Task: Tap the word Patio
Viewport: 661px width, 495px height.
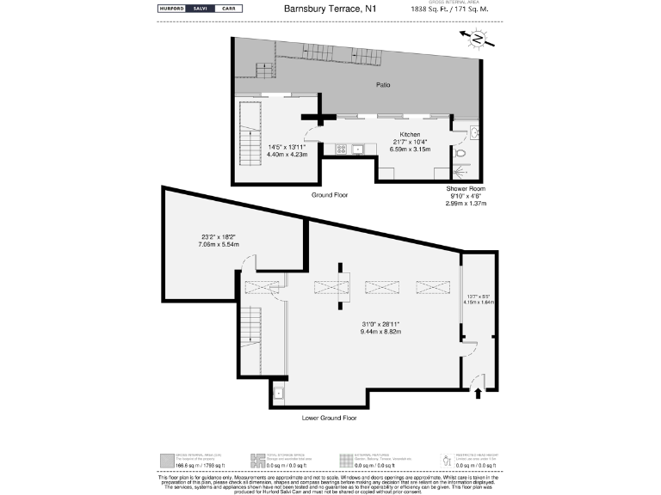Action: click(384, 85)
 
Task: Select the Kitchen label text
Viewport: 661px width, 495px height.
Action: click(410, 135)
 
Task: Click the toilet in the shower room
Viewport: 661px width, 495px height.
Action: click(461, 154)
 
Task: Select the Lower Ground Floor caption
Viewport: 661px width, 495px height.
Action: click(329, 419)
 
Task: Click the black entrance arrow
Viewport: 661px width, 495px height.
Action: click(478, 394)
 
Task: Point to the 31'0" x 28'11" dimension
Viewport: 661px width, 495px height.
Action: click(379, 324)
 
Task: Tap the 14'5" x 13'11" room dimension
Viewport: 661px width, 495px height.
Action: click(286, 147)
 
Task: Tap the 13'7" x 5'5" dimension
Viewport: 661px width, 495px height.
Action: click(479, 296)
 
